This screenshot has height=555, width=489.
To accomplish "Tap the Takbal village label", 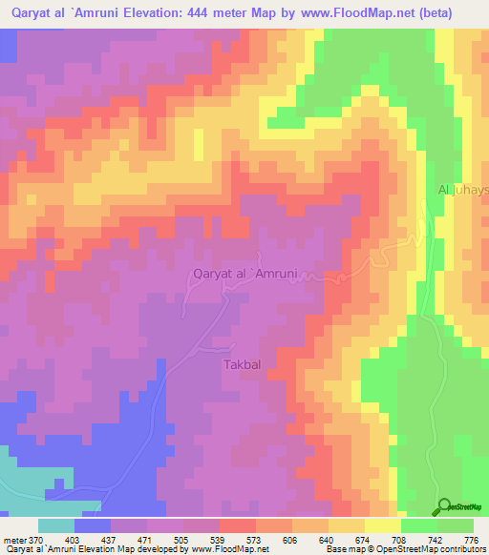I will (x=243, y=365).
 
